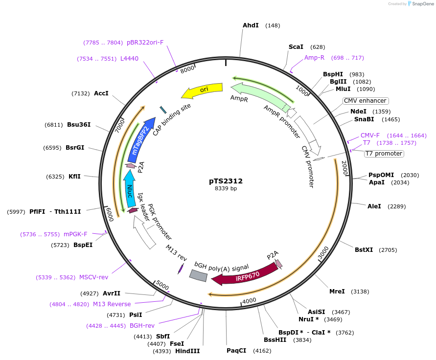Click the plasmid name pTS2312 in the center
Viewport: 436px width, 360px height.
[x=226, y=181]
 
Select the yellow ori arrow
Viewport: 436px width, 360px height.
[x=203, y=90]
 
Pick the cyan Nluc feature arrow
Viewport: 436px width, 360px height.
[x=129, y=188]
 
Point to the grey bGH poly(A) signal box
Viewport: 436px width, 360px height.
[x=198, y=276]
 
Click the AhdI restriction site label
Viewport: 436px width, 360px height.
[x=251, y=25]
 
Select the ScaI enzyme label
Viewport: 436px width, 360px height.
[x=296, y=47]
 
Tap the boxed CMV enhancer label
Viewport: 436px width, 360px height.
[x=365, y=101]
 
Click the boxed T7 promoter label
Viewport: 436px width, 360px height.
[x=384, y=154]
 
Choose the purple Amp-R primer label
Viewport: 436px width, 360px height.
[x=314, y=58]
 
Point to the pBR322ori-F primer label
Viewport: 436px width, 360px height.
[x=145, y=43]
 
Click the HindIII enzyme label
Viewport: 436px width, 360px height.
[x=187, y=351]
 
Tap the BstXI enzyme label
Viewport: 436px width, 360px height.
[x=364, y=250]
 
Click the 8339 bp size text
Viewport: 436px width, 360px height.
[x=226, y=188]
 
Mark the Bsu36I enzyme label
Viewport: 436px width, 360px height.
[x=79, y=125]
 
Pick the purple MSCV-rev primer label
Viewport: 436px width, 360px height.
[x=93, y=277]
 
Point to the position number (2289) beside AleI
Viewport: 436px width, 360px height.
[x=396, y=206]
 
